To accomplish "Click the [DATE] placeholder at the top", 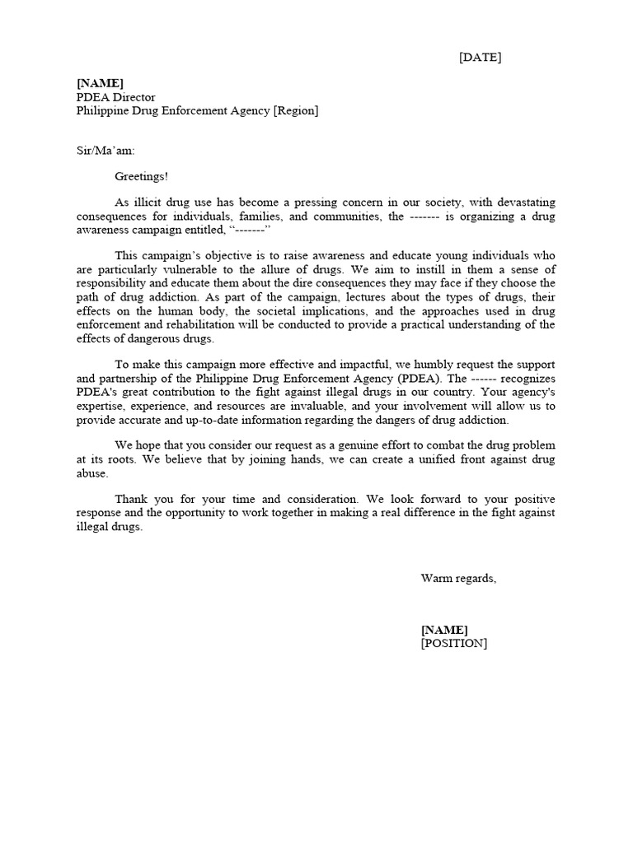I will coord(480,57).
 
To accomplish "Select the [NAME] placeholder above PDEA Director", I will coord(100,83).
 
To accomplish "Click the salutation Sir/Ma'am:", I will coord(105,150).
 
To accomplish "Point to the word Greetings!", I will coord(140,175).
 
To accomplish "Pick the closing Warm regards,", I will coord(458,578).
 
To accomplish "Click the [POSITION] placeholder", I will coord(453,644).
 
